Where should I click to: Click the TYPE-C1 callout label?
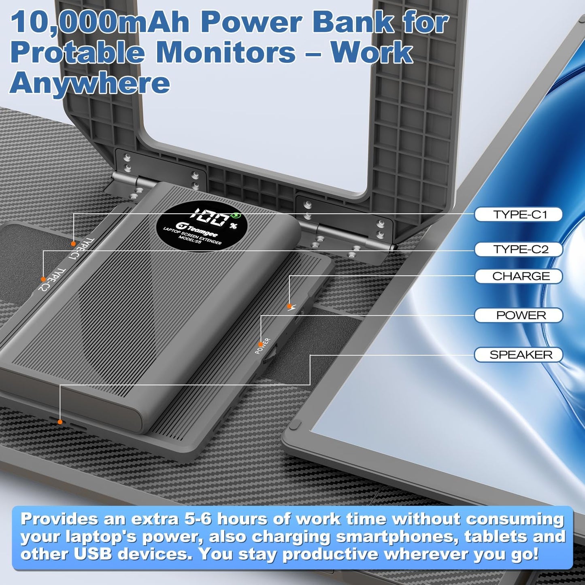pyautogui.click(x=519, y=215)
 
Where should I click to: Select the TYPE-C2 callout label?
pyautogui.click(x=519, y=249)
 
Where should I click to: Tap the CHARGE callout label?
pyautogui.click(x=519, y=276)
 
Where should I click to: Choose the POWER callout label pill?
pyautogui.click(x=519, y=315)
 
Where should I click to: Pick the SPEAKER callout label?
pyautogui.click(x=519, y=355)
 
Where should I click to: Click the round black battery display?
pyautogui.click(x=202, y=225)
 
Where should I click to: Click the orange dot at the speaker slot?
pyautogui.click(x=60, y=422)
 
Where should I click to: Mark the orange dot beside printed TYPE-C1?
pyautogui.click(x=73, y=244)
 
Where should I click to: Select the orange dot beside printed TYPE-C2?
pyautogui.click(x=43, y=279)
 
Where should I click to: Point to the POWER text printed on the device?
pyautogui.click(x=263, y=346)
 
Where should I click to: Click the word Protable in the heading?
pyautogui.click(x=77, y=53)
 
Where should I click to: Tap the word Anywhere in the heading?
pyautogui.click(x=89, y=83)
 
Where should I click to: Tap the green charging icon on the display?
pyautogui.click(x=236, y=216)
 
